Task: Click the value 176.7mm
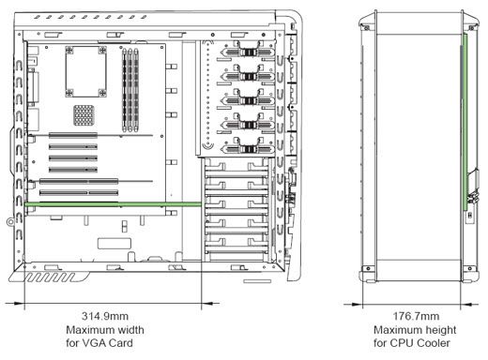[414, 318]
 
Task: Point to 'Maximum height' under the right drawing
[414, 330]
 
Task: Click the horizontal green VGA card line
[113, 203]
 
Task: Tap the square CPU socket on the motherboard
[83, 69]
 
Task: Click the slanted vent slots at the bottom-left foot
[53, 279]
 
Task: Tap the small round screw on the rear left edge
[10, 221]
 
